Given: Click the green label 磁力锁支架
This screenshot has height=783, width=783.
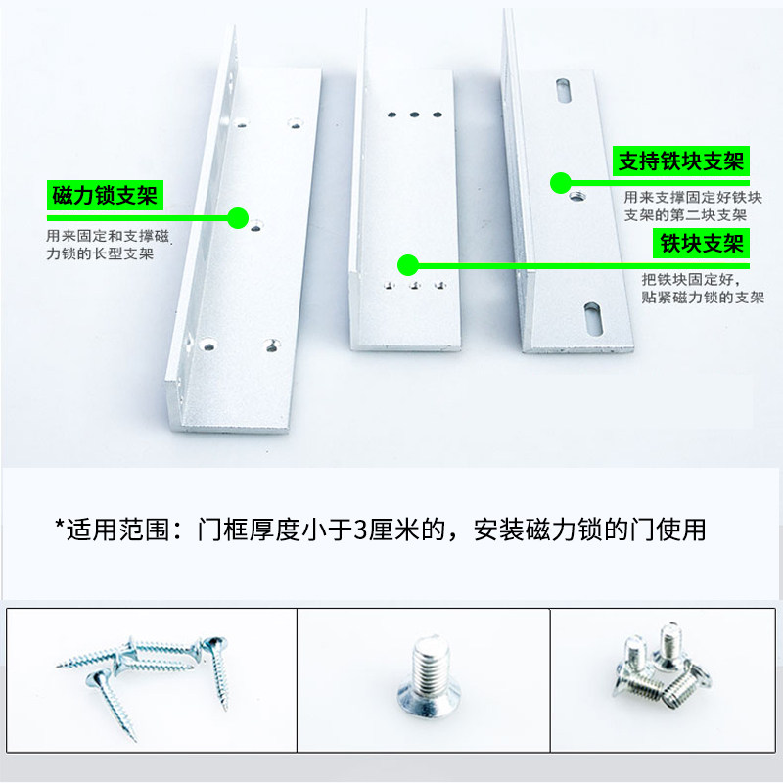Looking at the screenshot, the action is click(x=105, y=195).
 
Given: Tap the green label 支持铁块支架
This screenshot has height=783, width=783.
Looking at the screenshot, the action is click(x=681, y=161).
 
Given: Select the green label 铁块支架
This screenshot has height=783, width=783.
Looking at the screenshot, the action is click(x=702, y=243).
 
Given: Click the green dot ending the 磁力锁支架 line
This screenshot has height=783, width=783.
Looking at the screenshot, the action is click(x=238, y=218).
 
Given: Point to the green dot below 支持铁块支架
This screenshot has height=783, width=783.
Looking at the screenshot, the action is click(x=561, y=183).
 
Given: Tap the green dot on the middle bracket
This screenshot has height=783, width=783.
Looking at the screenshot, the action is click(x=408, y=264).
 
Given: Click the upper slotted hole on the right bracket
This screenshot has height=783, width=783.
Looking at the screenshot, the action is click(x=564, y=90).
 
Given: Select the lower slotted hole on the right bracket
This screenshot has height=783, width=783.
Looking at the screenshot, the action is click(x=592, y=319).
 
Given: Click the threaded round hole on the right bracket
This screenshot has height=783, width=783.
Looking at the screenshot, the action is click(x=577, y=197).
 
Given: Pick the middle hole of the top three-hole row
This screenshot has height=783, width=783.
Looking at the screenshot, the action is click(x=414, y=115).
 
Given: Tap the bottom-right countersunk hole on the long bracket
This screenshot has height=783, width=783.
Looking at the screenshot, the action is click(x=272, y=345).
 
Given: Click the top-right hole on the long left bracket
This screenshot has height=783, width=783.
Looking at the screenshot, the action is click(x=296, y=123).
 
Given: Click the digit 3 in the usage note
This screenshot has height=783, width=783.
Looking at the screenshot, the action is click(x=360, y=530).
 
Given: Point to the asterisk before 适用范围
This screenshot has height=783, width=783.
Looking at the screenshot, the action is click(x=60, y=526).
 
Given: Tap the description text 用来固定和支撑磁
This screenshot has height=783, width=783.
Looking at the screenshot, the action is click(x=108, y=236).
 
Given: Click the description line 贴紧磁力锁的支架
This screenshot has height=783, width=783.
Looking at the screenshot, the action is click(x=703, y=298).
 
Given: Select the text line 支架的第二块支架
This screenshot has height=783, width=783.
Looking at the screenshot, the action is click(x=685, y=215).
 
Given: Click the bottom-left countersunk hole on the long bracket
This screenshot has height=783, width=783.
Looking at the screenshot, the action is click(x=208, y=345).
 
